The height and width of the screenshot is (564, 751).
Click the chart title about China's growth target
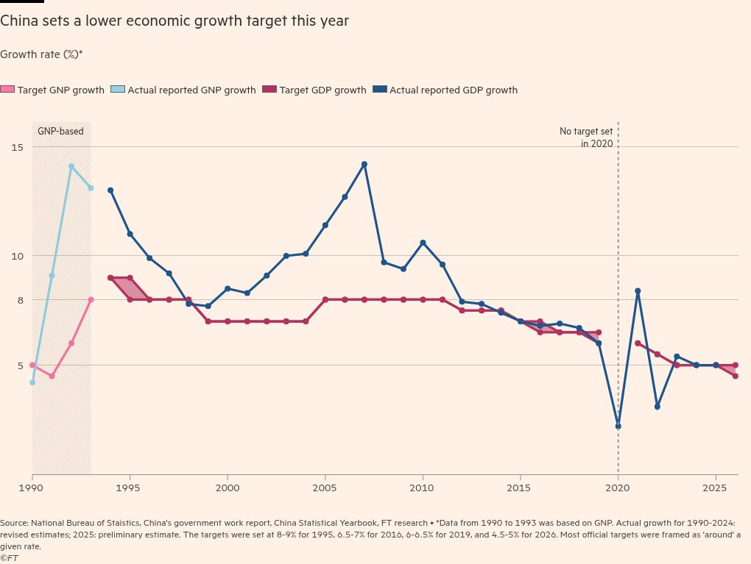coord(174,21)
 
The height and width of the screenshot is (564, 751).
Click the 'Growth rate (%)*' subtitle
coord(41,54)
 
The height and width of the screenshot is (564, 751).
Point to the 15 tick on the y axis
coord(16,147)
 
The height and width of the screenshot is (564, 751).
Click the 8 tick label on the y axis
coord(20,300)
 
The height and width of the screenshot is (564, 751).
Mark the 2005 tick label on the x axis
coord(325,488)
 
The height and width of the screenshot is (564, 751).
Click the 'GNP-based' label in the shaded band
coord(60,132)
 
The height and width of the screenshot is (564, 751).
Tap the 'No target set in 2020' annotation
coord(586,138)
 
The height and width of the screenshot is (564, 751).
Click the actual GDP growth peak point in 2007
coord(364,164)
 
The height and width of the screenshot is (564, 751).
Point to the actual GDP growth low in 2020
coord(618,426)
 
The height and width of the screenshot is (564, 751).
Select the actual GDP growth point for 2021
coord(638,291)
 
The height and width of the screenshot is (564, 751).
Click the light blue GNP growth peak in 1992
coord(71,166)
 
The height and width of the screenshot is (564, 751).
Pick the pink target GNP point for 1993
coord(91,299)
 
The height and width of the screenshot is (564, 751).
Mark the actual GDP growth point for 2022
coord(657,406)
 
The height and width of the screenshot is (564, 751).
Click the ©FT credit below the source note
coord(10,558)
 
